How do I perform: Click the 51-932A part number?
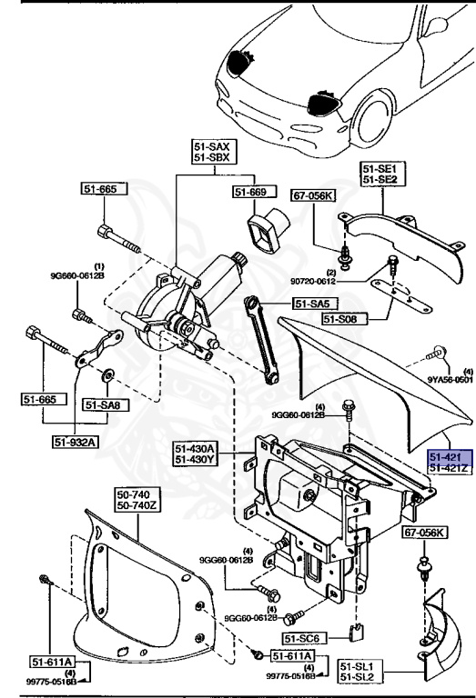pos(76,442)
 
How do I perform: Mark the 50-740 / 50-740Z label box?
pos(137,500)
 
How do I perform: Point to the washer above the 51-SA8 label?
pos(107,372)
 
